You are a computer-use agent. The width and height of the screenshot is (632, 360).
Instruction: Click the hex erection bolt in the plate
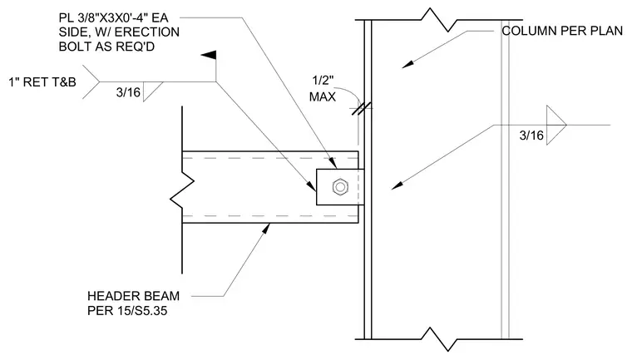click(x=340, y=187)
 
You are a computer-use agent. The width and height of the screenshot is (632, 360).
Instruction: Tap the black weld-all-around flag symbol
click(x=209, y=56)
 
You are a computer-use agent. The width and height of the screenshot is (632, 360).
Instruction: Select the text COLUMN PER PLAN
click(x=562, y=31)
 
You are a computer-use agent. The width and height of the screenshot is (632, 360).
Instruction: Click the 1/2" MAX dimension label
click(x=323, y=89)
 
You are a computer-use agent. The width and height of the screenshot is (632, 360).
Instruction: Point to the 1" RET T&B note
click(x=42, y=82)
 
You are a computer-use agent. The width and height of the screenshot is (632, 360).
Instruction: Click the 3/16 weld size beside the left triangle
click(x=128, y=93)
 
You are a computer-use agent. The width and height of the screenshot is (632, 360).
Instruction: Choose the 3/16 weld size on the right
click(x=531, y=136)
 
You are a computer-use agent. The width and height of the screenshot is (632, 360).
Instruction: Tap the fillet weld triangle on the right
click(x=555, y=125)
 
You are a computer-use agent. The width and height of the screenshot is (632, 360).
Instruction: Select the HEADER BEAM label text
click(x=133, y=296)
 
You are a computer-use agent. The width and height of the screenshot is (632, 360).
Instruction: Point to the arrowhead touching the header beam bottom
click(x=266, y=228)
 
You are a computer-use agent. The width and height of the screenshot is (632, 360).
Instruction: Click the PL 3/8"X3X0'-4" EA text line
click(x=113, y=17)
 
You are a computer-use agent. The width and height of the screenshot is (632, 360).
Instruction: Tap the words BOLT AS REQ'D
click(x=106, y=47)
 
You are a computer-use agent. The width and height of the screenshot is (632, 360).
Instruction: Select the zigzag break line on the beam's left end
click(x=182, y=190)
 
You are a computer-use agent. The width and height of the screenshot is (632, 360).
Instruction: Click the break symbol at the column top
click(x=438, y=20)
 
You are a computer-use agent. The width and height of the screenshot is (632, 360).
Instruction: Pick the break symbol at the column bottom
click(x=438, y=339)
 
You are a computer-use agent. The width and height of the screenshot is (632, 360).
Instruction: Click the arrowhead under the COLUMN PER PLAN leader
click(x=407, y=64)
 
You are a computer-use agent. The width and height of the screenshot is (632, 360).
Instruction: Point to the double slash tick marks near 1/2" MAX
click(x=361, y=108)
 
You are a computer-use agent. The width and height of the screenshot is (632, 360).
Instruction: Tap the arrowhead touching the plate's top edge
click(x=332, y=163)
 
